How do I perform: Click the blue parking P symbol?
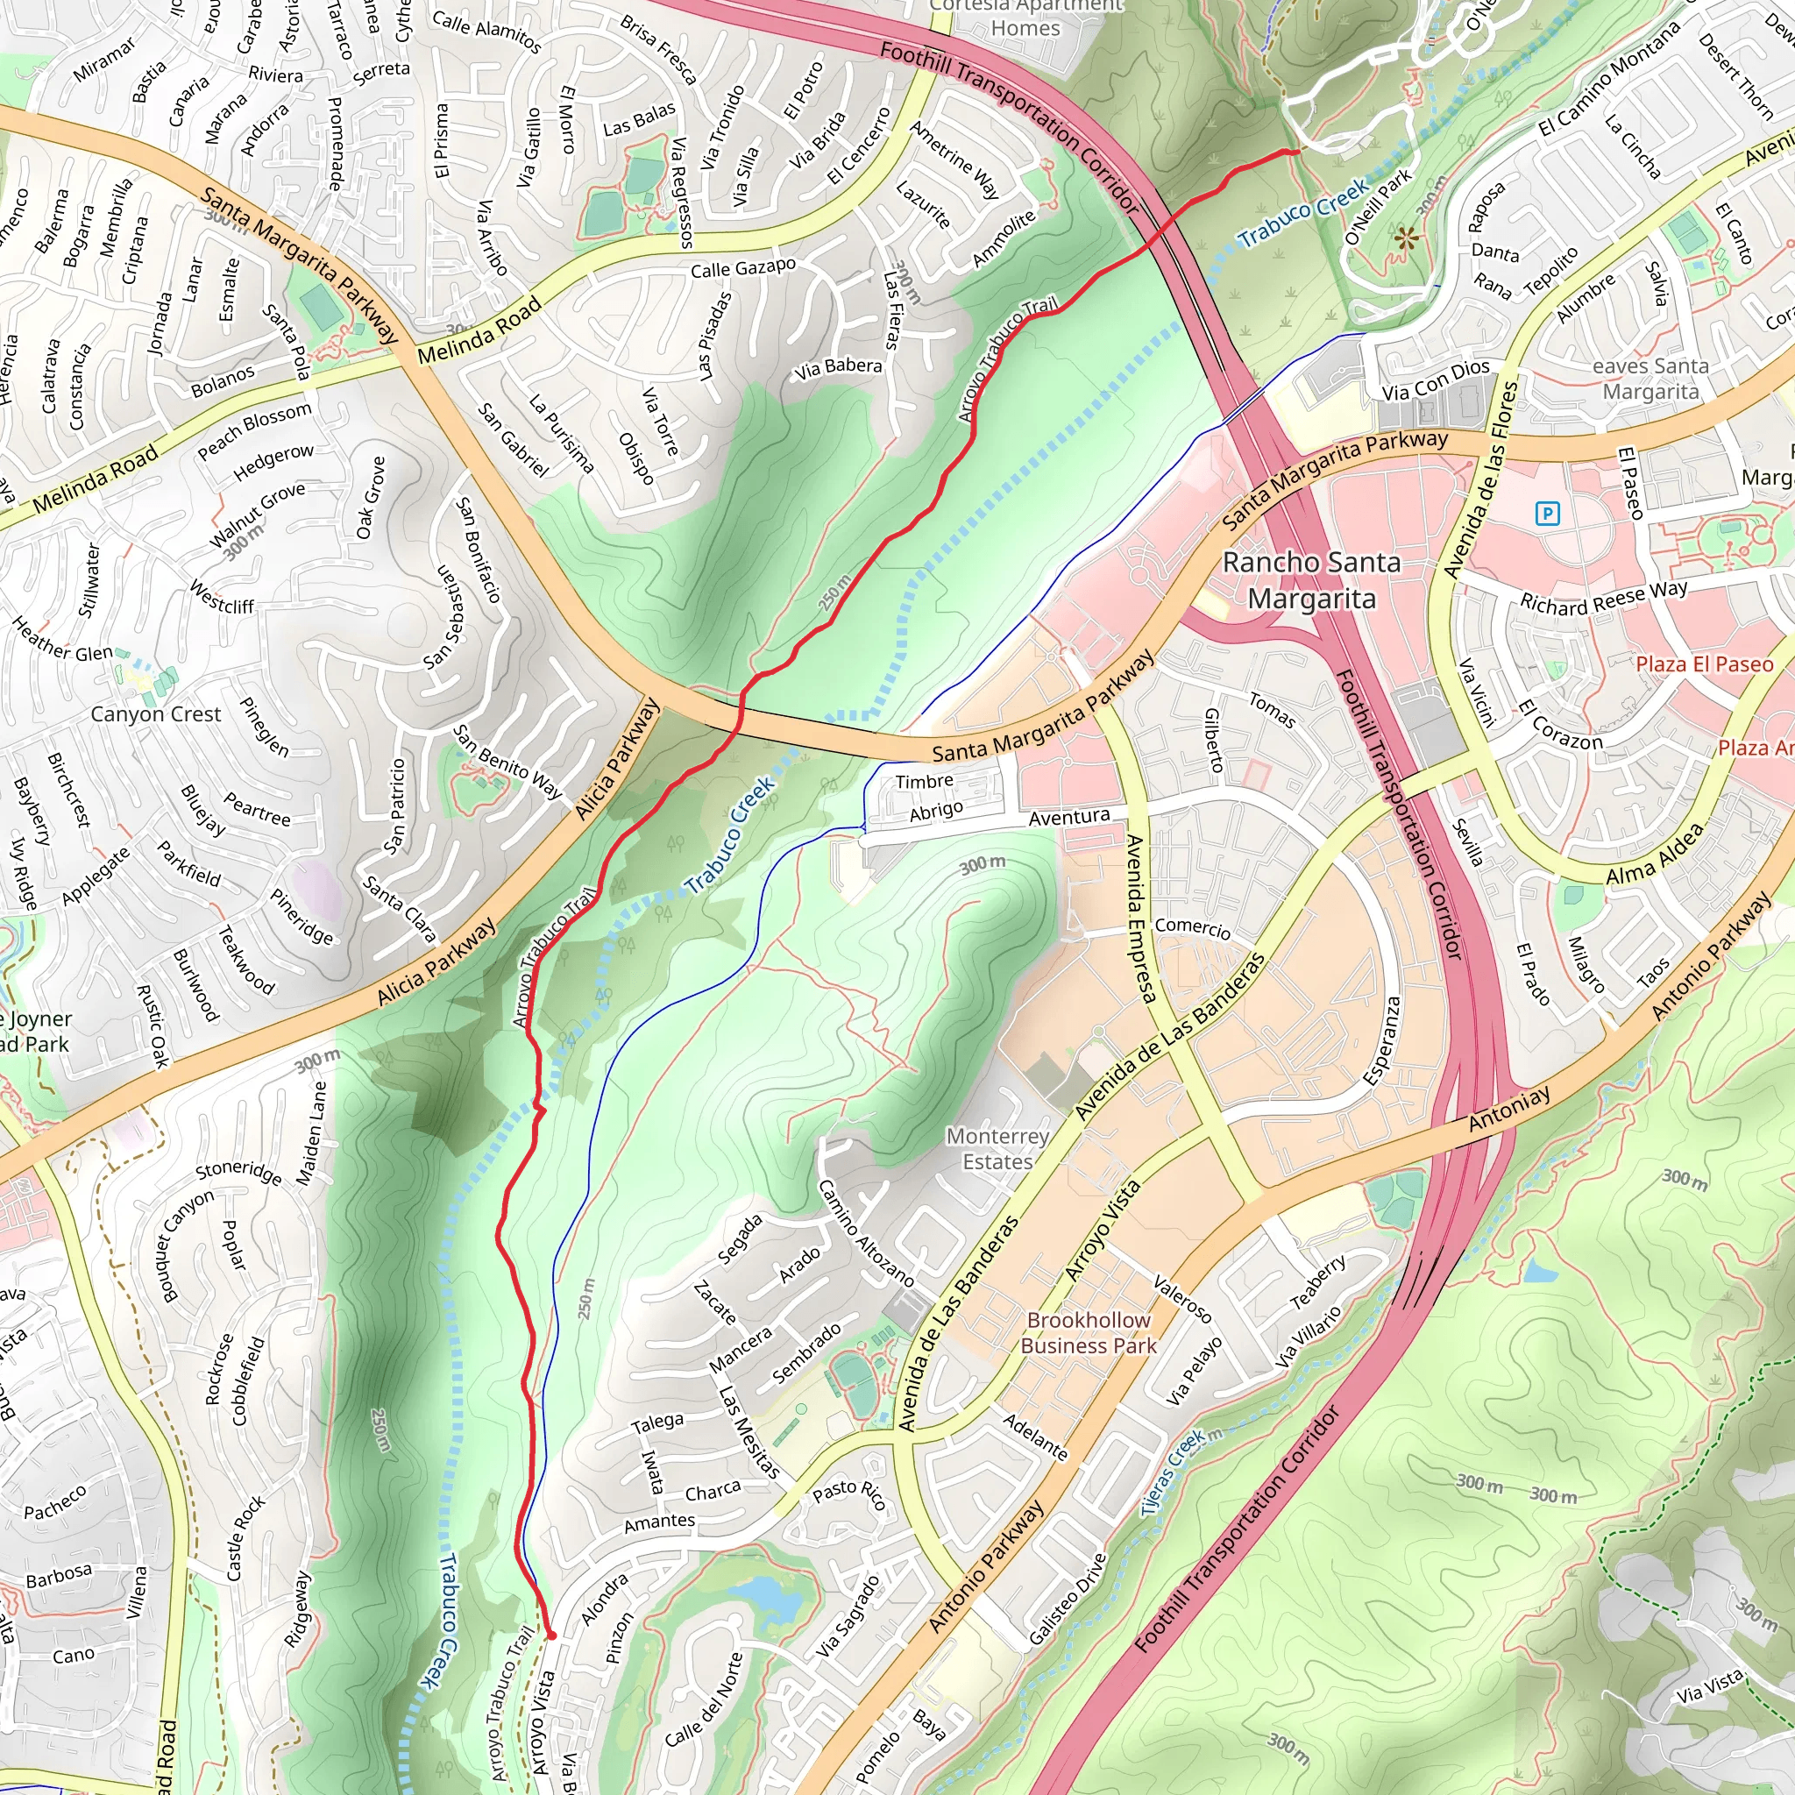1547,513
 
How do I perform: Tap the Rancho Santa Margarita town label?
1311,581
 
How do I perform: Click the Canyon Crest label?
155,714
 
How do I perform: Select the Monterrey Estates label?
997,1148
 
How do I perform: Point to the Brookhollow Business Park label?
1089,1332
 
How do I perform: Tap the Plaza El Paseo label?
1704,664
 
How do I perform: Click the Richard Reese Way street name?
1604,598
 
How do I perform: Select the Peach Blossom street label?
253,430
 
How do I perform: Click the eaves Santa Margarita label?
1650,378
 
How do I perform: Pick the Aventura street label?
1068,817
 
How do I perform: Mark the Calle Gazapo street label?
742,268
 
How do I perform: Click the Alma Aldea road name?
1655,853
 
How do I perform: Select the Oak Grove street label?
371,497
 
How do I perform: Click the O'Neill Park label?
1378,206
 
